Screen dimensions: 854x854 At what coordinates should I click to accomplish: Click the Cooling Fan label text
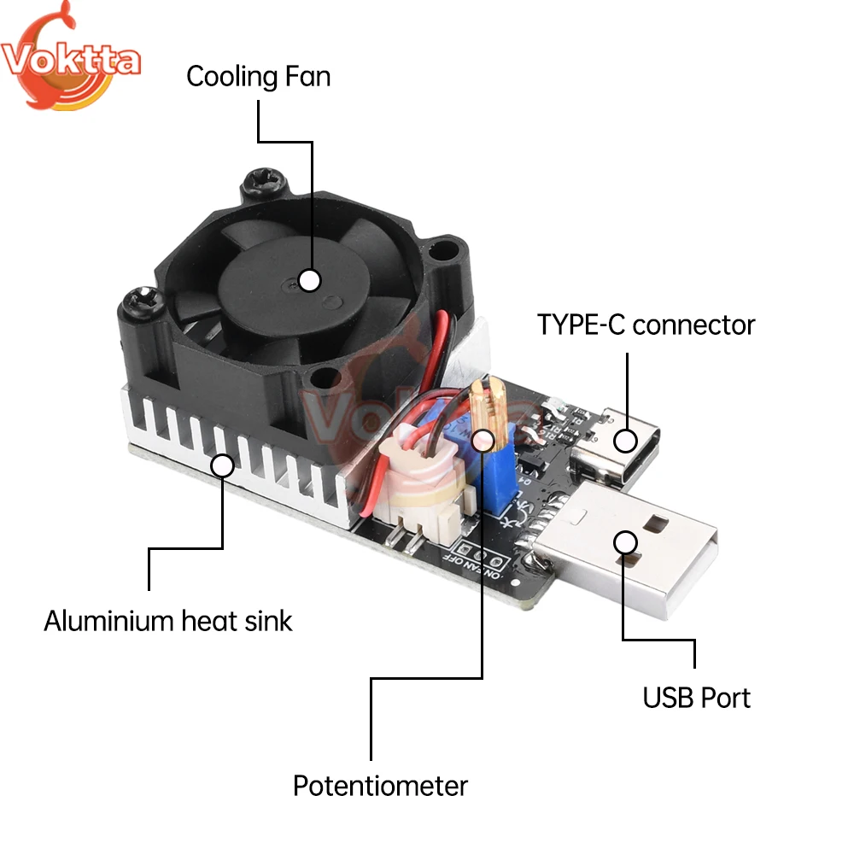click(x=258, y=77)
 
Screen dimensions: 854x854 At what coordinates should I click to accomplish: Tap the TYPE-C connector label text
click(x=646, y=325)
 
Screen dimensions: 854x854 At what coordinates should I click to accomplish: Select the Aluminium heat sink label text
click(x=168, y=620)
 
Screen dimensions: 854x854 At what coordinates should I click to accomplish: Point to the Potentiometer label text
click(x=380, y=785)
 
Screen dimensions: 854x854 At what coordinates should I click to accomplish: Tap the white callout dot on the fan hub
click(x=309, y=279)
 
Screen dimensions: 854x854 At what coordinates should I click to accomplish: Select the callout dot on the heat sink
click(x=223, y=466)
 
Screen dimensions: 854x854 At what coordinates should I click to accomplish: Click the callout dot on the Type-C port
click(x=626, y=441)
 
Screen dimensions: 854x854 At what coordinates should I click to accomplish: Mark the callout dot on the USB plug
click(x=626, y=542)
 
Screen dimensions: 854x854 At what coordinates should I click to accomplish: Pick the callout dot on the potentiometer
click(x=483, y=440)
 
